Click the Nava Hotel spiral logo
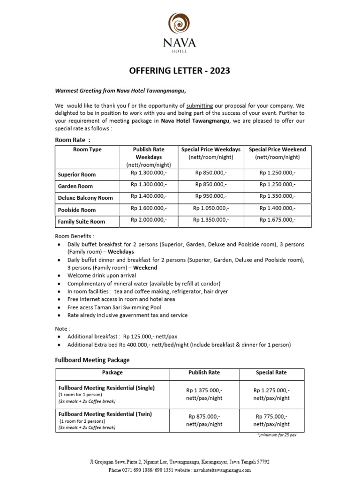click(180, 22)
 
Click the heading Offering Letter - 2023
click(180, 71)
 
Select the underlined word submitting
click(200, 105)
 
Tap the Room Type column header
click(87, 150)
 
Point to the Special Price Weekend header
click(277, 150)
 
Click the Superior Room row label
click(77, 174)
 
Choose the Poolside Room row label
click(77, 210)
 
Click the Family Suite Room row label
click(82, 222)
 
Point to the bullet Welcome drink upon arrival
click(102, 276)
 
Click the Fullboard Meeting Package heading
click(92, 360)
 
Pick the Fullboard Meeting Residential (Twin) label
click(105, 414)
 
